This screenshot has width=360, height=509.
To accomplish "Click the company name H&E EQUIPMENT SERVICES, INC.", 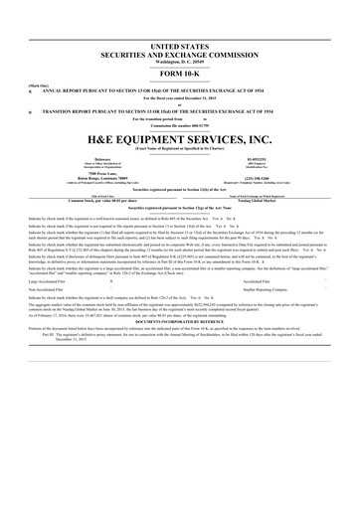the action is (x=180, y=140).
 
